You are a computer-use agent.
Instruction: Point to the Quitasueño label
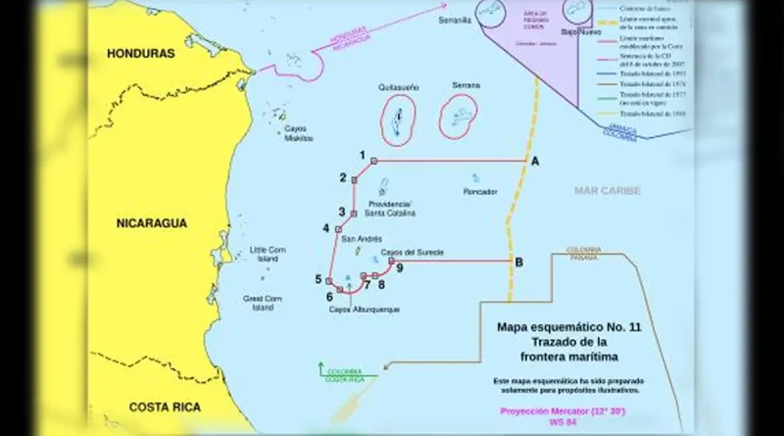[397, 87]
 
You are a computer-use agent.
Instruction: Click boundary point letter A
[534, 160]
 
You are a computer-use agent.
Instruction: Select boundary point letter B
[518, 261]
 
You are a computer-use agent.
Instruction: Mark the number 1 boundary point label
[363, 155]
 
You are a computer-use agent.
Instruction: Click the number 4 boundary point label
[325, 228]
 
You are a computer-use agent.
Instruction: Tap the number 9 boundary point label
[400, 266]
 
